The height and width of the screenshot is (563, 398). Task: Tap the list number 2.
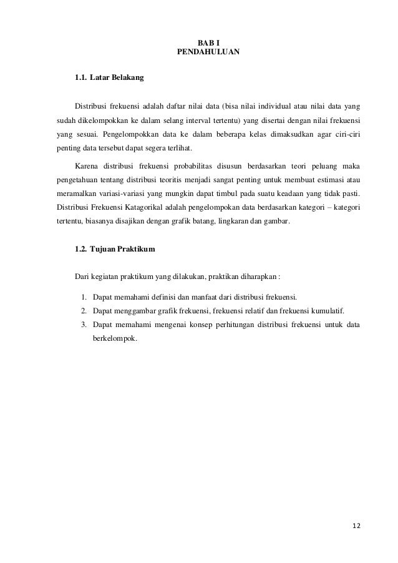[x=83, y=310]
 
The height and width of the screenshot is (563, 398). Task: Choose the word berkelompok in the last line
[x=113, y=341]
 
